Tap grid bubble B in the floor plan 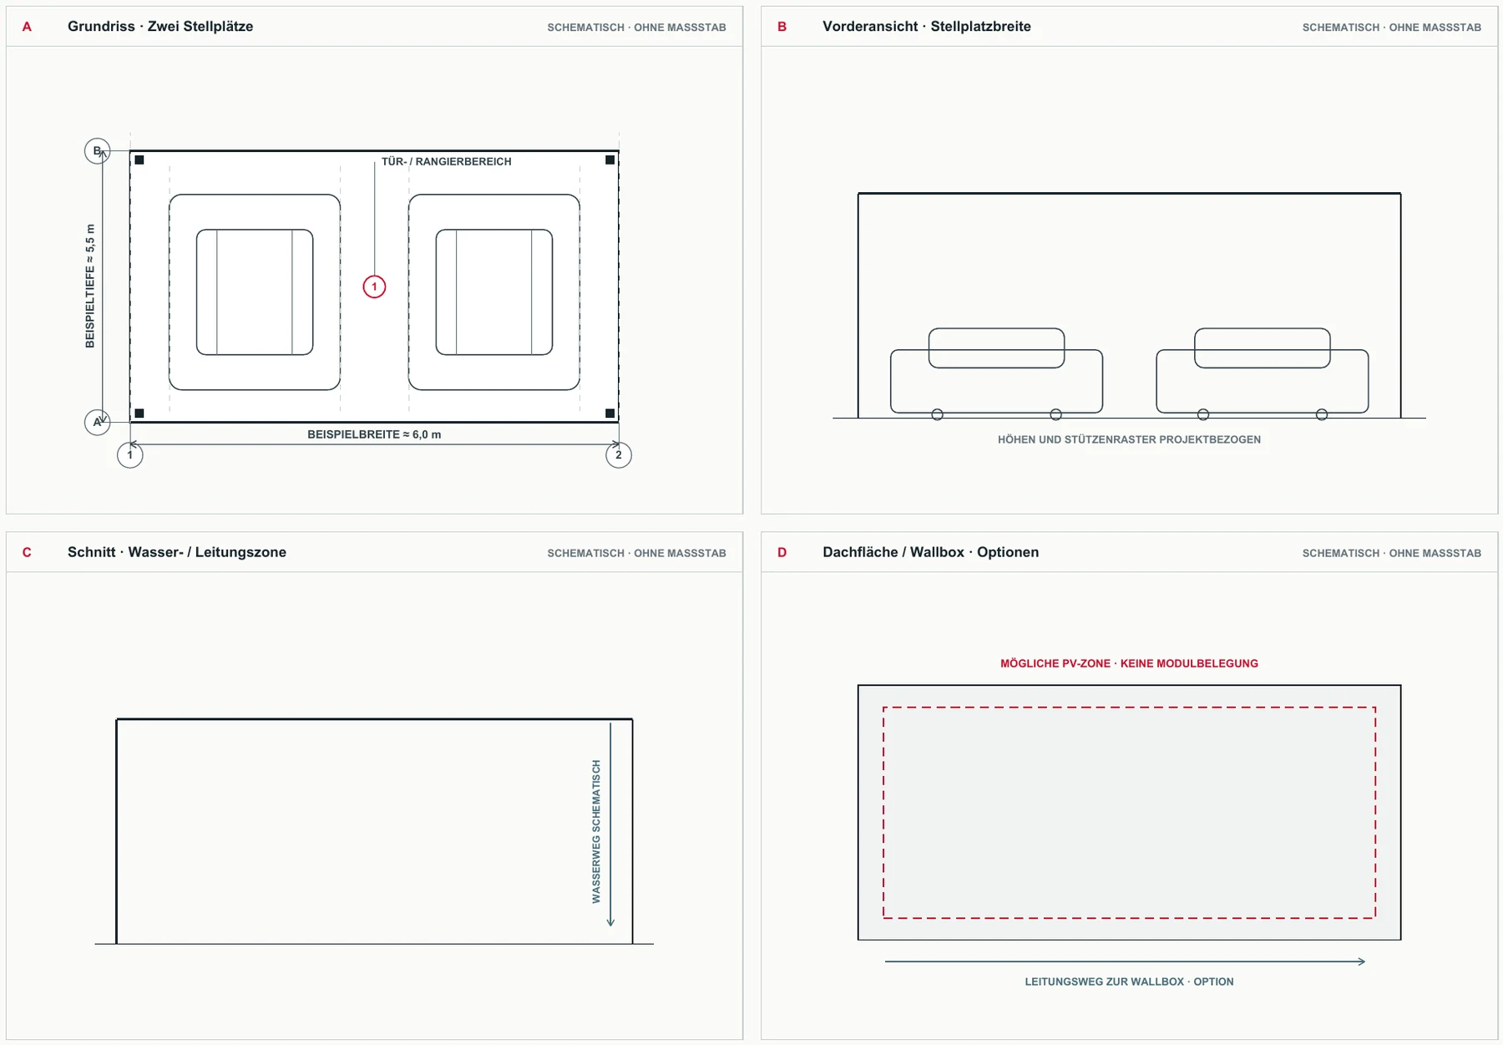point(97,151)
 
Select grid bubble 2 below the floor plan point(619,455)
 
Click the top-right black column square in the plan point(610,160)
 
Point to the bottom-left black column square point(139,413)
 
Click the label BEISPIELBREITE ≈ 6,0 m point(374,434)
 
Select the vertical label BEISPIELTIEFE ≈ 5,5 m point(90,286)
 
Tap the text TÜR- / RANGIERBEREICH point(447,161)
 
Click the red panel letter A point(27,27)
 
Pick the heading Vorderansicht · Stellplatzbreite point(927,27)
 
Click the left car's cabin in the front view point(996,347)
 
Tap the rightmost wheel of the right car point(1322,414)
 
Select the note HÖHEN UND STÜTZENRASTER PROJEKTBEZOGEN point(1129,439)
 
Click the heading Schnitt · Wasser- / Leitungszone point(177,552)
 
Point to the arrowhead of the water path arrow point(610,923)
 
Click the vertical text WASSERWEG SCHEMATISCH point(596,831)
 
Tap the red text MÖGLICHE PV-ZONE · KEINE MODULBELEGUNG point(1129,663)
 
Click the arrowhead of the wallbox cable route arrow point(1362,961)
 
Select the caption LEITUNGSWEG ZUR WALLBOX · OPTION point(1129,982)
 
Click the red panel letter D point(782,552)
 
